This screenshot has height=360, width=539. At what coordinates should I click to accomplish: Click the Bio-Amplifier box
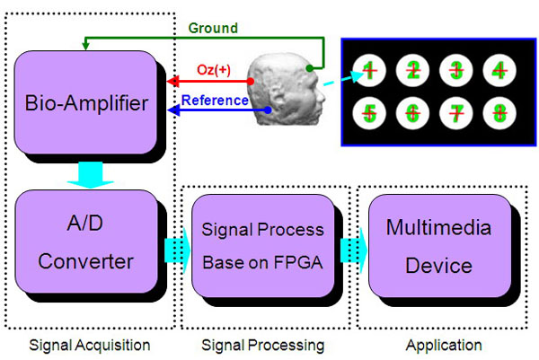pos(85,102)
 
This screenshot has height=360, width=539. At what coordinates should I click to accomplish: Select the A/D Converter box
pos(86,241)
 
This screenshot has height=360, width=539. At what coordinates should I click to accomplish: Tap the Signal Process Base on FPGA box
pos(263,246)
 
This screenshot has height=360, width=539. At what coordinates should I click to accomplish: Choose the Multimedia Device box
pos(439,246)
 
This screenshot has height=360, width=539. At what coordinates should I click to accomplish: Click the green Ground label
pos(213,28)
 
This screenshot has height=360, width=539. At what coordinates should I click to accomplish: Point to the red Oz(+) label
pos(214,70)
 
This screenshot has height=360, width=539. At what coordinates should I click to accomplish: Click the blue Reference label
pos(215,101)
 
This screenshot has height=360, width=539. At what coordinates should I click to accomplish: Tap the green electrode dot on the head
pos(309,68)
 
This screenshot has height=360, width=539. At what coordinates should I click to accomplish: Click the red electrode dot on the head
pos(251,82)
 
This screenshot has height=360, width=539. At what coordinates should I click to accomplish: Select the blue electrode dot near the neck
pos(268,110)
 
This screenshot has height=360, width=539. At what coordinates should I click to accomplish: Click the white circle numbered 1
pos(369,70)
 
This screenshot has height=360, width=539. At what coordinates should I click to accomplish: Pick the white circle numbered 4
pos(499,70)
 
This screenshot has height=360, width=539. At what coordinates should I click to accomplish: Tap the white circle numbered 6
pos(412,113)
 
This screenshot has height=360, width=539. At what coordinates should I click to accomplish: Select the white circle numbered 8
pos(499,113)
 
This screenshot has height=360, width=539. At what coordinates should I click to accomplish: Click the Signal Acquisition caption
pos(90,346)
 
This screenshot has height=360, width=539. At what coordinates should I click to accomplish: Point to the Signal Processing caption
pos(263,346)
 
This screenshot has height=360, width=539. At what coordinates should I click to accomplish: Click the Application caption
pos(444,346)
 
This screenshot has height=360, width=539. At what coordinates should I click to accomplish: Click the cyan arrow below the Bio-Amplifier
pos(91,175)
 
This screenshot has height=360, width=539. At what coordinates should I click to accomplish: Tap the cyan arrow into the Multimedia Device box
pos(354,250)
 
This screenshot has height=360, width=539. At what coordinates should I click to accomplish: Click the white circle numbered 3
pos(455,70)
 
